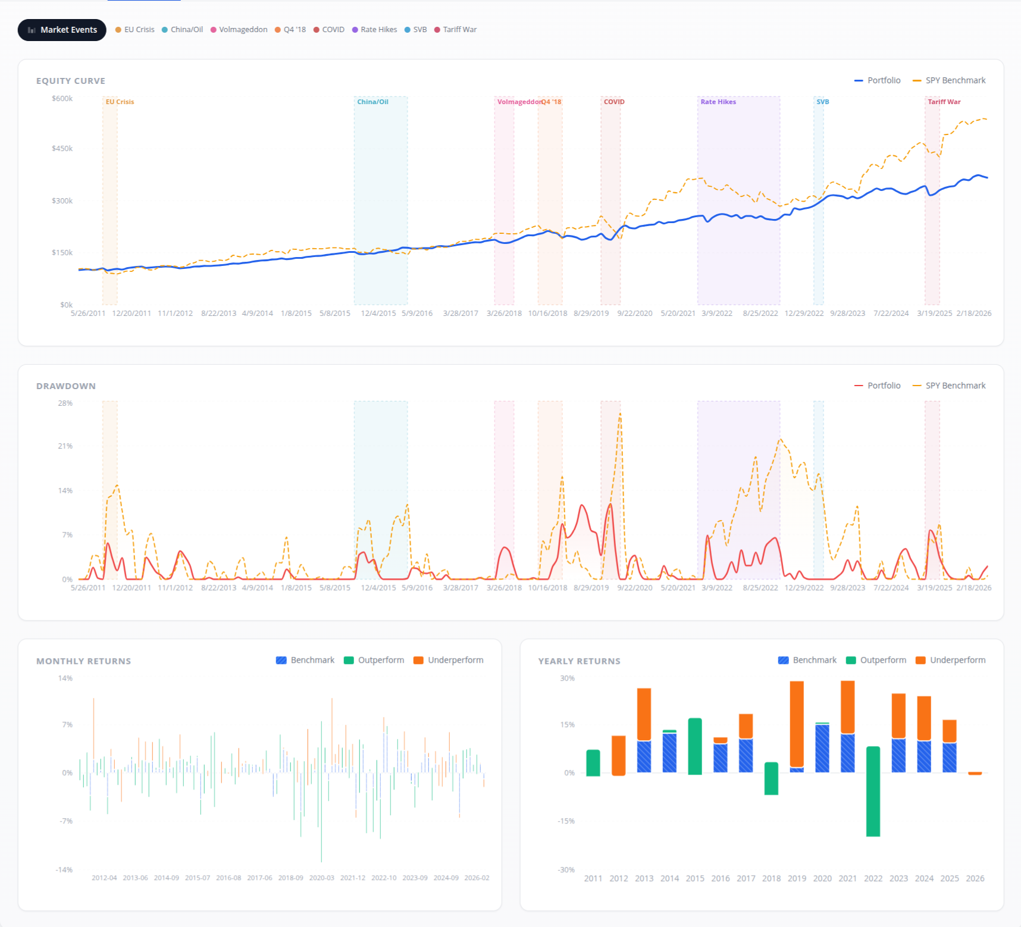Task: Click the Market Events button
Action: pyautogui.click(x=62, y=30)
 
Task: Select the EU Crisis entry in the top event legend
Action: pyautogui.click(x=135, y=30)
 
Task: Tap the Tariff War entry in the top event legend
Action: pyautogui.click(x=456, y=30)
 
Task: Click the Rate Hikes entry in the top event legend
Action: pyautogui.click(x=375, y=30)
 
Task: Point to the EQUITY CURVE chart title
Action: pyautogui.click(x=71, y=81)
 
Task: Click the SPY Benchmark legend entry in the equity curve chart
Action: pyautogui.click(x=949, y=80)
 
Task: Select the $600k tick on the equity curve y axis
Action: pyautogui.click(x=62, y=99)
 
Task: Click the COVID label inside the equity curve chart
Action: pyautogui.click(x=614, y=102)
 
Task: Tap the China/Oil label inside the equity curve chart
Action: pyautogui.click(x=372, y=102)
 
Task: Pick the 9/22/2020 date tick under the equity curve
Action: pyautogui.click(x=635, y=314)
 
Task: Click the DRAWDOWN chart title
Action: pyautogui.click(x=66, y=386)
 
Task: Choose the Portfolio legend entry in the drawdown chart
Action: pyautogui.click(x=878, y=386)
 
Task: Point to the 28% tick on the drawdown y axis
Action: pyautogui.click(x=65, y=403)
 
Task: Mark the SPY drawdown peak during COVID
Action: pyautogui.click(x=620, y=414)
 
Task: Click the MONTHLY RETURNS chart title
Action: pyautogui.click(x=84, y=661)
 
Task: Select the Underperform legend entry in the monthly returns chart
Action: pyautogui.click(x=449, y=660)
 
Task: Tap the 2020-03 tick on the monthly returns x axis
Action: pyautogui.click(x=322, y=878)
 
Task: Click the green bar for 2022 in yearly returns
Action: pyautogui.click(x=873, y=791)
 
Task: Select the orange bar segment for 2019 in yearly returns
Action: pyautogui.click(x=797, y=724)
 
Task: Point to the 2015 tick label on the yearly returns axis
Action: pyautogui.click(x=695, y=879)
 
